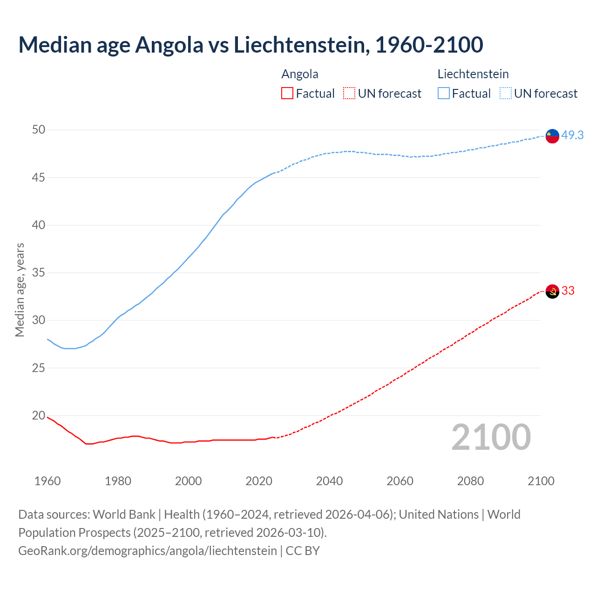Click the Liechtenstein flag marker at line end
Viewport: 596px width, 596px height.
(x=552, y=136)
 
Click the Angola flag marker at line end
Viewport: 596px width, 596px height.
(x=552, y=291)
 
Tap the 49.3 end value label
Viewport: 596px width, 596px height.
(x=572, y=135)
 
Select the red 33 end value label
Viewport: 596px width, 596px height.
(x=568, y=291)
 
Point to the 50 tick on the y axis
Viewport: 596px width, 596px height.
(x=39, y=129)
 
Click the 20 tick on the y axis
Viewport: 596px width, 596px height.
(x=39, y=415)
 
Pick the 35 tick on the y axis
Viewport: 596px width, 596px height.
(x=39, y=272)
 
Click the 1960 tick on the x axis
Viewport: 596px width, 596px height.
(x=47, y=481)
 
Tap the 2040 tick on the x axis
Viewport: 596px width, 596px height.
(x=329, y=481)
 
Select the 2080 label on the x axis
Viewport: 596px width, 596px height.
(x=470, y=481)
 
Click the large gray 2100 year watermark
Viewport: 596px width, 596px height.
(x=491, y=437)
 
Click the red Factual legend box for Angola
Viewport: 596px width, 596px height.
(x=287, y=94)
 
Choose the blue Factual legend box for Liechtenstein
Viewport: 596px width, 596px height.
(x=443, y=94)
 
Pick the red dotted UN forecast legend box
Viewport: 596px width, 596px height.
(x=349, y=94)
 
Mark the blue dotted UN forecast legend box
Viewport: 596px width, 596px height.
(x=505, y=94)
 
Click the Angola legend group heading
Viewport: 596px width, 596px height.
(x=300, y=74)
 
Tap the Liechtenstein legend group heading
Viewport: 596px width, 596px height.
(x=473, y=74)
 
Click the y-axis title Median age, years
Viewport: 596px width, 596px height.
(x=20, y=290)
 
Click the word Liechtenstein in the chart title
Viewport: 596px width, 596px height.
(x=301, y=45)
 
